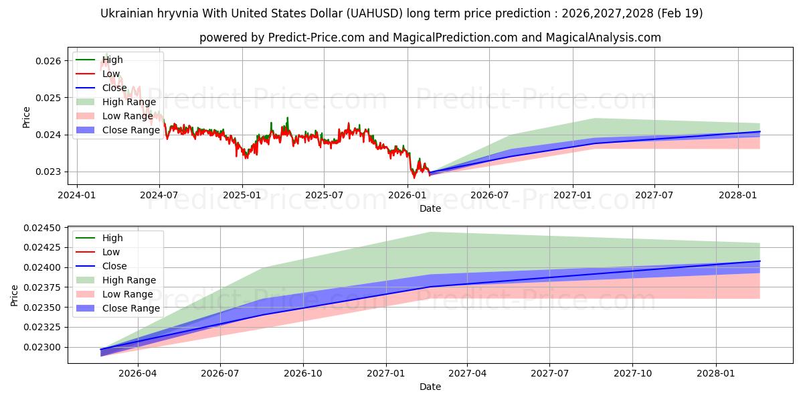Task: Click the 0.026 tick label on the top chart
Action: pyautogui.click(x=48, y=61)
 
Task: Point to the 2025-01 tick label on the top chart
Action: pyautogui.click(x=242, y=195)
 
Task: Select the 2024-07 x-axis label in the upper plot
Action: pyautogui.click(x=159, y=195)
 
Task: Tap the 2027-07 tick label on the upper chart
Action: pyautogui.click(x=654, y=195)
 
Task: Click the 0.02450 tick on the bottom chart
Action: pyautogui.click(x=42, y=228)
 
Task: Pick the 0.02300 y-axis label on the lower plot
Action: pyautogui.click(x=42, y=347)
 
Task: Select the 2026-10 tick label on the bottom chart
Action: pyautogui.click(x=303, y=374)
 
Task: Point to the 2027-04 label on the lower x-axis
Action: pyautogui.click(x=468, y=374)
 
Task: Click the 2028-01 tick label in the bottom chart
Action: pyautogui.click(x=716, y=374)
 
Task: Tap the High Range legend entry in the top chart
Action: pyautogui.click(x=116, y=102)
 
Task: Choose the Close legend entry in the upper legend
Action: pyautogui.click(x=102, y=88)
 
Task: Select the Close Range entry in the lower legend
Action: pyautogui.click(x=118, y=308)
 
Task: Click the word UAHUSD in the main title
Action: pyautogui.click(x=375, y=13)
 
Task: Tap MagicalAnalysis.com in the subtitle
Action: pyautogui.click(x=604, y=38)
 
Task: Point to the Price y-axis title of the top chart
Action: pyautogui.click(x=26, y=117)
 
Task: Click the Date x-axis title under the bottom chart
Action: pyautogui.click(x=430, y=387)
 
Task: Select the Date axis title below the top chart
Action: pyautogui.click(x=430, y=208)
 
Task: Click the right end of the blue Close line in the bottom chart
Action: pyautogui.click(x=760, y=261)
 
